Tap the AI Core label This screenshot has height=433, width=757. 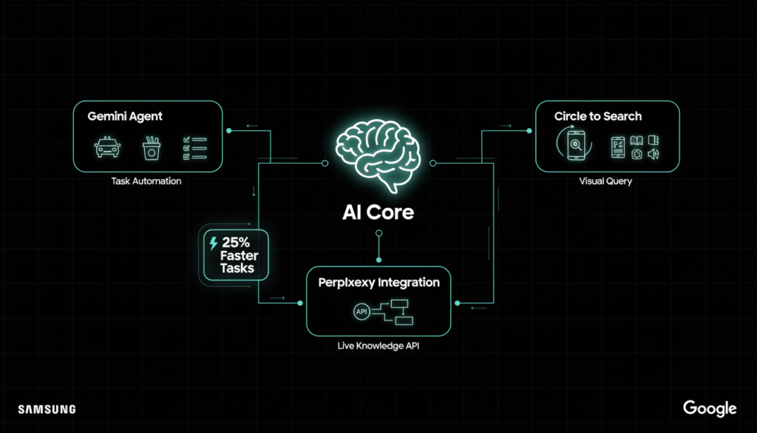tap(378, 212)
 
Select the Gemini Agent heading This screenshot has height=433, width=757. tap(125, 116)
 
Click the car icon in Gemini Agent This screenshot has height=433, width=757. tap(107, 147)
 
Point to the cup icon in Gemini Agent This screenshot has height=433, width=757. tap(152, 147)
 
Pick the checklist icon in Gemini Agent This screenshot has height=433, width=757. tap(194, 147)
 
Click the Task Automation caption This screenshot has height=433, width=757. tap(146, 181)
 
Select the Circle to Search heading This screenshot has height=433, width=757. tap(598, 116)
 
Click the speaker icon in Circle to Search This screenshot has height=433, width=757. tap(653, 154)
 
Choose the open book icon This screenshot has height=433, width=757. tap(637, 140)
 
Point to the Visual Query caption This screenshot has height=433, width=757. tap(605, 181)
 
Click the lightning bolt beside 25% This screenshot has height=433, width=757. tap(214, 242)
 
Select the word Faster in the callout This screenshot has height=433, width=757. tap(237, 255)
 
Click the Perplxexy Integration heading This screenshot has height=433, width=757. tap(378, 283)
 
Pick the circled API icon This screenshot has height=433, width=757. tap(361, 312)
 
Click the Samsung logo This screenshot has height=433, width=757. tap(47, 409)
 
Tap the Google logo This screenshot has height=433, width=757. tap(709, 409)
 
